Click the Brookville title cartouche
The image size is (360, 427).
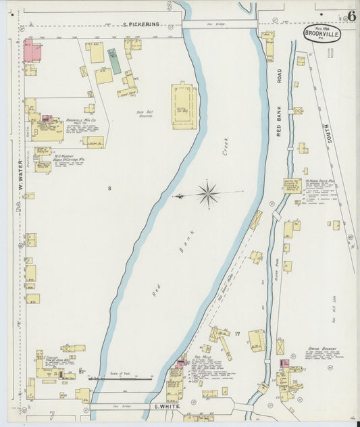tap(322, 33)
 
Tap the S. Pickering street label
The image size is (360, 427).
tap(141, 24)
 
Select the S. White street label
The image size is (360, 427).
tap(165, 407)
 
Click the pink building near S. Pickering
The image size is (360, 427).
tap(32, 51)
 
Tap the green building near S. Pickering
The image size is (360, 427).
tap(115, 61)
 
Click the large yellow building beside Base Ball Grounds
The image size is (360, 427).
tap(182, 106)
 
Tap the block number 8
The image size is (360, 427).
tap(109, 187)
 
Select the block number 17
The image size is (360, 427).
tap(237, 333)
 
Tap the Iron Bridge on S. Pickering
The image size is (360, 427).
tap(219, 24)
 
